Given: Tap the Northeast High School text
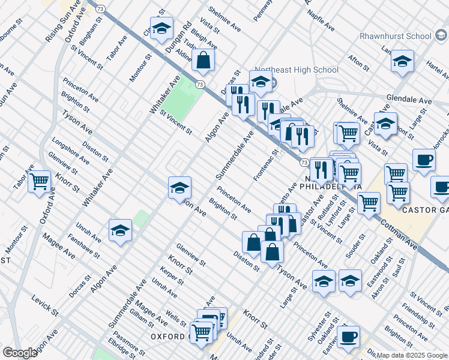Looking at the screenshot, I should [x=296, y=70].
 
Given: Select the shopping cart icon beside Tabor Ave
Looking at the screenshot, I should [x=40, y=180].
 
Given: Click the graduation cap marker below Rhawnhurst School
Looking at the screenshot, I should [x=402, y=61].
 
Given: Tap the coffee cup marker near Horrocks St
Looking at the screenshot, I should [x=424, y=160].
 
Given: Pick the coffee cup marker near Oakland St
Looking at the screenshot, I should [x=348, y=337].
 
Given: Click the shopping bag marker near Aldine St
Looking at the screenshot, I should [x=203, y=60].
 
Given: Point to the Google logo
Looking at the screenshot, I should [x=20, y=353].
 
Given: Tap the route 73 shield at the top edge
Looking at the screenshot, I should [x=100, y=8].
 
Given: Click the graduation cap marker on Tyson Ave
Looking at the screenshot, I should [x=179, y=188].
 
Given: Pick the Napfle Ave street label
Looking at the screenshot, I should [x=322, y=20].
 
